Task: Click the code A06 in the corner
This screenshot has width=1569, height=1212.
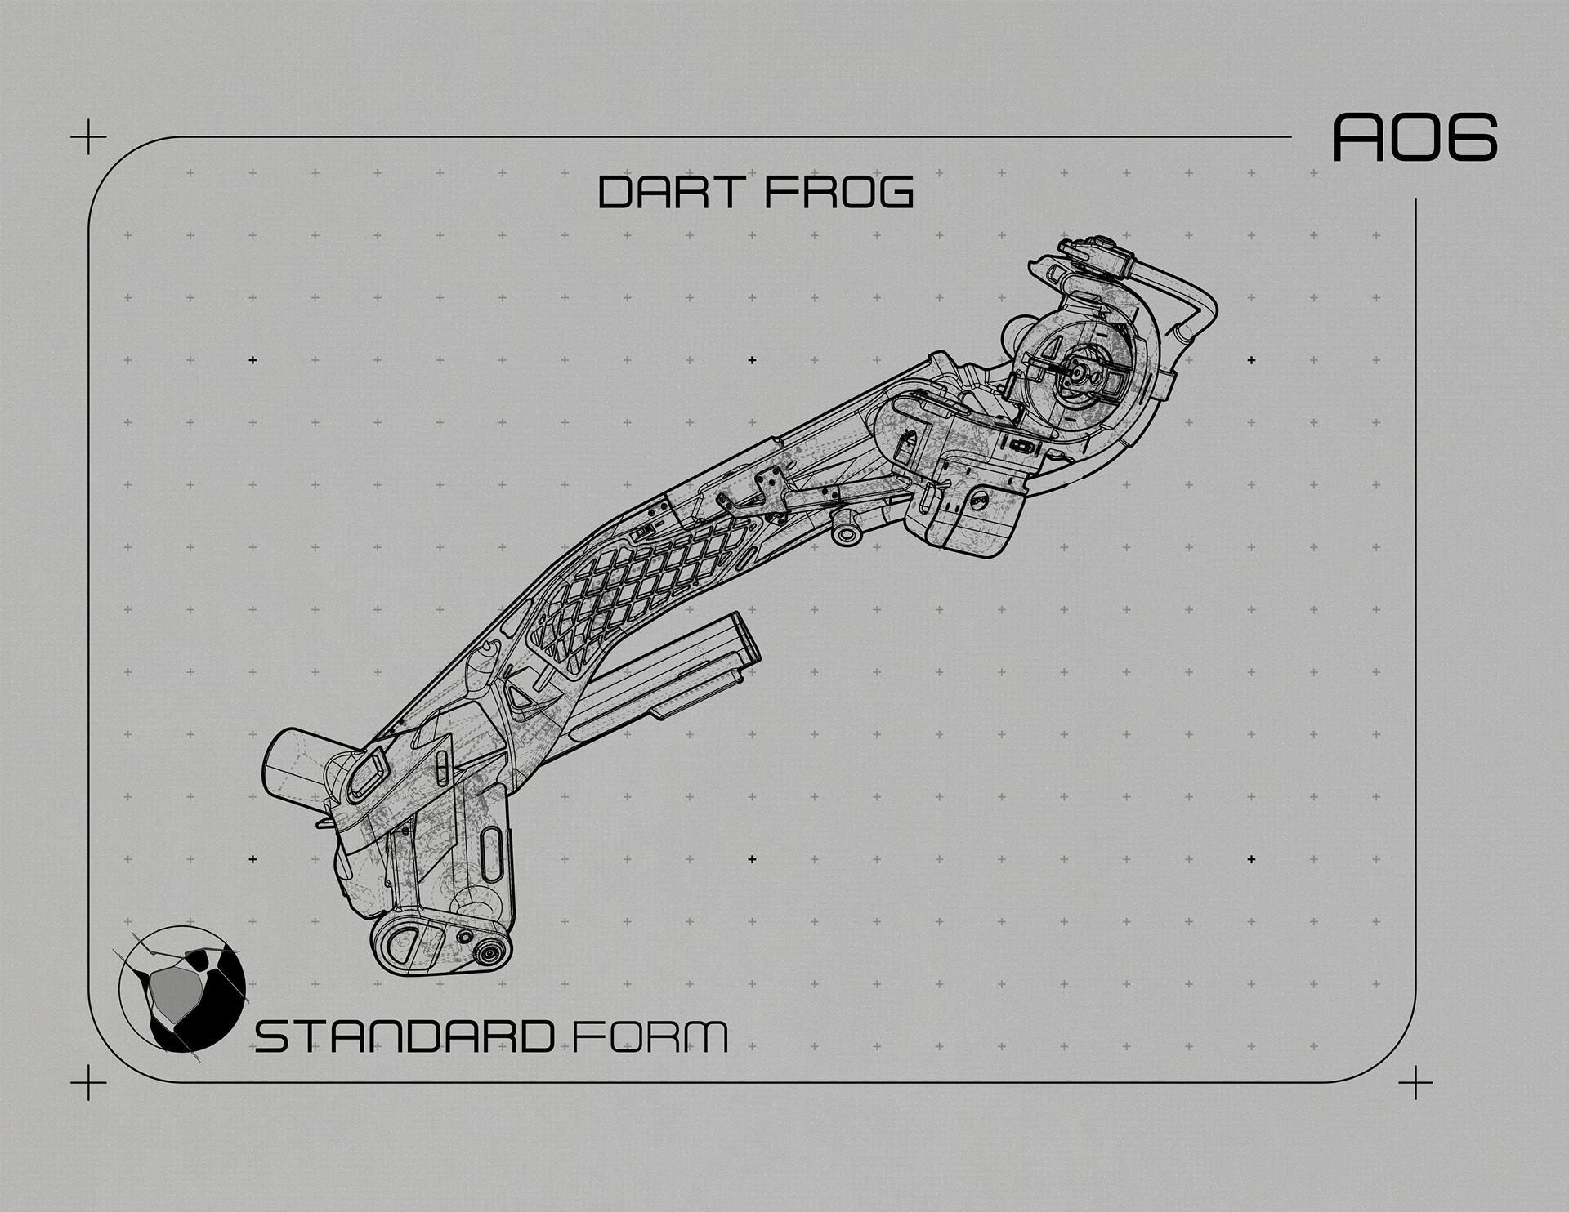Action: click(1414, 137)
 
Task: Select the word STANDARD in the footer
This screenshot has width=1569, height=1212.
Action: click(404, 1036)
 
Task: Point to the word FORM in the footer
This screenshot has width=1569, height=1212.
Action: click(647, 1036)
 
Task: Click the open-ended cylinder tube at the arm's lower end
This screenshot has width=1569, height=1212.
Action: click(294, 760)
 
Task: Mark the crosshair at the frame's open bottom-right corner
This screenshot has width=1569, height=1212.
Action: click(1415, 1083)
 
